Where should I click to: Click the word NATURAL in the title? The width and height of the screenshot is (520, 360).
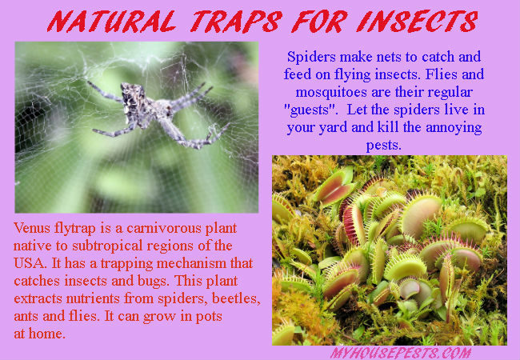click(111, 22)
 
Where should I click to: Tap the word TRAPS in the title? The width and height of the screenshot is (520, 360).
click(236, 22)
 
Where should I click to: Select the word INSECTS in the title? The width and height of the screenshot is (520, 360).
click(417, 22)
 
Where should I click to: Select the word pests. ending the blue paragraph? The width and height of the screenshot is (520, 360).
click(384, 145)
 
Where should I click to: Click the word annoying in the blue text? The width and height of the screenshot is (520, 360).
click(454, 128)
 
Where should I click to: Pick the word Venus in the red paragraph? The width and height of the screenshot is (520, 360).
click(32, 228)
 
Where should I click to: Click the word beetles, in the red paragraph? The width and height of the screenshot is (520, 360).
click(236, 298)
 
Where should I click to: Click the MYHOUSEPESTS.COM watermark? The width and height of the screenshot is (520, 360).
click(401, 353)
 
